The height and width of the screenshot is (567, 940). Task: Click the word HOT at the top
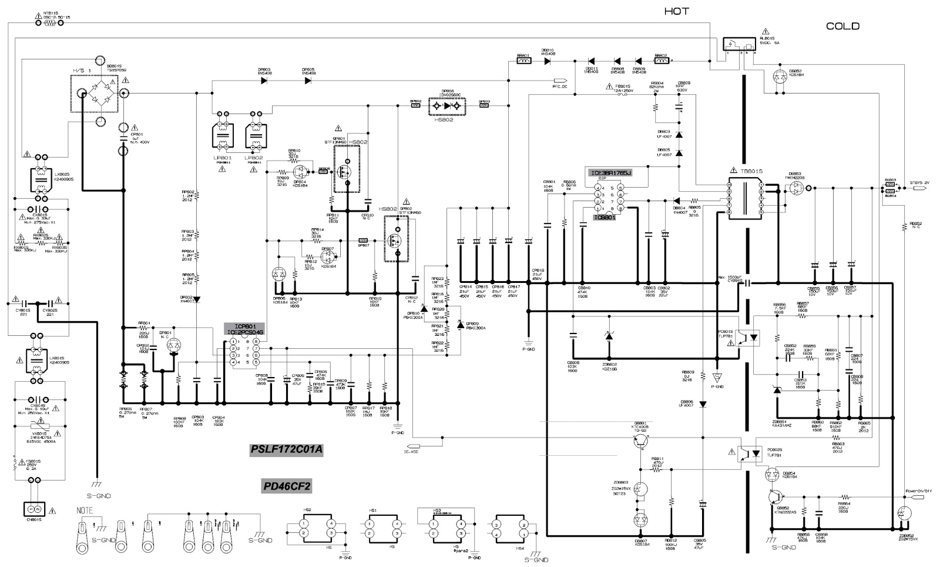point(677,11)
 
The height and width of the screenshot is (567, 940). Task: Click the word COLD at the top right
point(842,26)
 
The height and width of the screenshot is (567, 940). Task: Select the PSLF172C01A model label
point(286,450)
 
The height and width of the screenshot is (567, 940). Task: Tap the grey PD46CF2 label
point(286,486)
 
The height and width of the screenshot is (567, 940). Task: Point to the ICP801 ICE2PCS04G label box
point(245,329)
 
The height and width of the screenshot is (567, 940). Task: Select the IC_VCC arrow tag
point(411,445)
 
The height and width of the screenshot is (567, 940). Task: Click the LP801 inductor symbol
point(221,135)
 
